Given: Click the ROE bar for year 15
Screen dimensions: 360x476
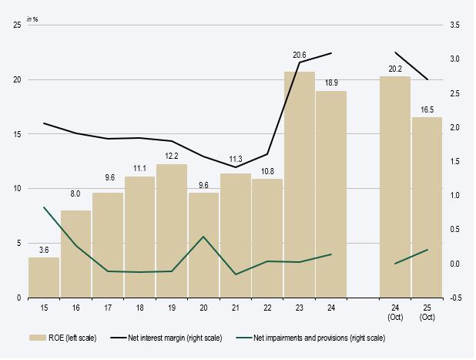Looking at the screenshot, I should pyautogui.click(x=44, y=277).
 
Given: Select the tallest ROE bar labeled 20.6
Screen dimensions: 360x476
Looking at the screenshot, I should pyautogui.click(x=299, y=184).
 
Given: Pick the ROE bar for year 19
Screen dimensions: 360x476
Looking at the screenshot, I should pyautogui.click(x=172, y=230).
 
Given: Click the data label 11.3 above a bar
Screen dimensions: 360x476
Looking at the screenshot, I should pyautogui.click(x=235, y=162).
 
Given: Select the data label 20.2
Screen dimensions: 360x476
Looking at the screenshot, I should pyautogui.click(x=394, y=66).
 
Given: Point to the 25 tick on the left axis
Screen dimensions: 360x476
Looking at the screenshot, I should pyautogui.click(x=17, y=25).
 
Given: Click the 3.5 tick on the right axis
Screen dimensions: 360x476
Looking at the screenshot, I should pyautogui.click(x=455, y=25).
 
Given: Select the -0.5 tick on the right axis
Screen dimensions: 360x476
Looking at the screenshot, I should pyautogui.click(x=455, y=298).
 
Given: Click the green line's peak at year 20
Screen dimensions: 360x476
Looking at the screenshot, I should pyautogui.click(x=203, y=237).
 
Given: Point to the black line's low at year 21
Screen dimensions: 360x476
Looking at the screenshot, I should pyautogui.click(x=235, y=167).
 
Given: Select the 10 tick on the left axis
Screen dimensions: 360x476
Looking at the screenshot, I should pyautogui.click(x=17, y=189).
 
